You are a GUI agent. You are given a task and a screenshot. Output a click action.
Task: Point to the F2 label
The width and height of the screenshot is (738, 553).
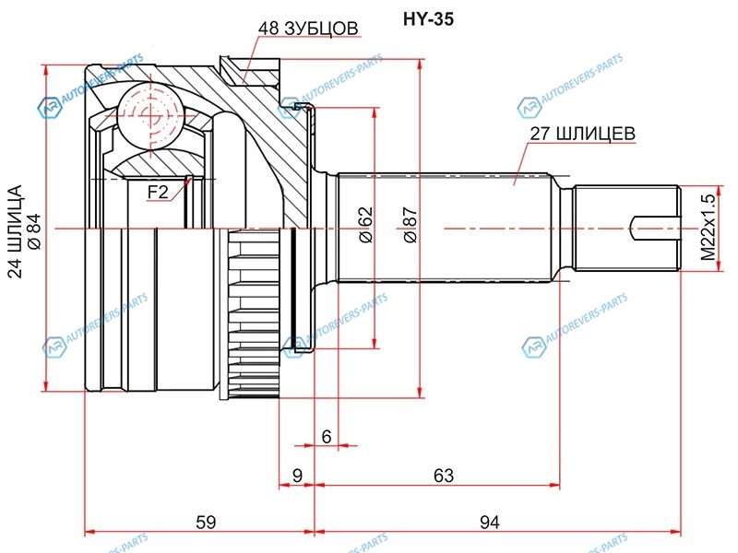coord(158,191)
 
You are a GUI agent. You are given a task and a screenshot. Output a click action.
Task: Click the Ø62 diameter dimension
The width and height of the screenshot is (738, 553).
coord(365,225)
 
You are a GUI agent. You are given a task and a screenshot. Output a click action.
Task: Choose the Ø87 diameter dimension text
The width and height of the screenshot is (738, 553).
coord(410,225)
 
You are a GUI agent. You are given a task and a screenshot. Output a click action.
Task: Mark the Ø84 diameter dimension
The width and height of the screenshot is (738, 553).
coord(34,232)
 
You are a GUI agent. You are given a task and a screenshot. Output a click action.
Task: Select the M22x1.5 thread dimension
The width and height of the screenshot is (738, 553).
coord(707,227)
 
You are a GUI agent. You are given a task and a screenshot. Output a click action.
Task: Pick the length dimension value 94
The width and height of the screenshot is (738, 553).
coord(489,523)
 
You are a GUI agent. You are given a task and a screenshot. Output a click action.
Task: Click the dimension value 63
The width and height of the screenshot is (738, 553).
coord(444,476)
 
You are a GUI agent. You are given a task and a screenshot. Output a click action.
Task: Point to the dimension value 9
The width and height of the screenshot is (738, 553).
coord(297,476)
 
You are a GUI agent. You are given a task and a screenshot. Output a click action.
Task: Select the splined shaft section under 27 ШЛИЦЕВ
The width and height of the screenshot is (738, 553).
coord(443,227)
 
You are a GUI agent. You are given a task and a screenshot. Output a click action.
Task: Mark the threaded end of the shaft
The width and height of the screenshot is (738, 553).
coord(627,226)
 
